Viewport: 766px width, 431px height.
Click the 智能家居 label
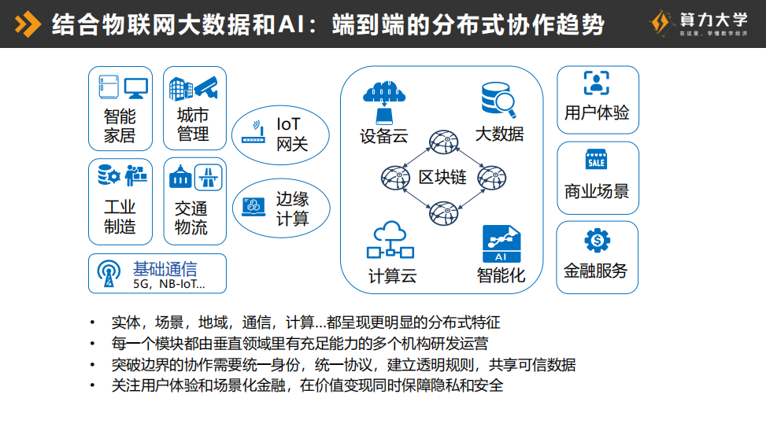pyautogui.click(x=120, y=126)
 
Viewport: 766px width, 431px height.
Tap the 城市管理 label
pyautogui.click(x=193, y=125)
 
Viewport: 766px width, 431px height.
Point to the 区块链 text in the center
pyautogui.click(x=442, y=177)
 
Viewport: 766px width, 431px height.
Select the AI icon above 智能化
pyautogui.click(x=501, y=245)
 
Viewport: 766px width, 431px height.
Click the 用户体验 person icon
pyautogui.click(x=597, y=83)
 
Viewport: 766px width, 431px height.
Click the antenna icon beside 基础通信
pyautogui.click(x=109, y=273)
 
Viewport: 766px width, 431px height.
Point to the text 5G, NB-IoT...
pyautogui.click(x=168, y=284)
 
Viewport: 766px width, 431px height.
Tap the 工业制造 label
pyautogui.click(x=120, y=217)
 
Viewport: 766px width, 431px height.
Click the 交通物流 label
pyautogui.click(x=191, y=218)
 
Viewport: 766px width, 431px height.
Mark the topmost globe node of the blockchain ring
pyautogui.click(x=442, y=142)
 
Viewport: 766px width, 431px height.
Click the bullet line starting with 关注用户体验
pyautogui.click(x=307, y=385)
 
